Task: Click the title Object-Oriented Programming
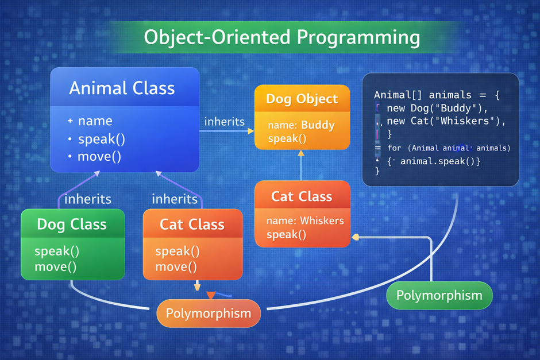coord(281,37)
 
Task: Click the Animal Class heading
coord(122,88)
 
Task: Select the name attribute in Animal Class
coord(95,121)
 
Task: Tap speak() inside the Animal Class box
coord(101,139)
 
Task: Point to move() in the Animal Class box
coord(99,156)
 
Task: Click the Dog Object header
coord(302,99)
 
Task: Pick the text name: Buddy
coord(301,125)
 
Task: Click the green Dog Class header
coord(72,224)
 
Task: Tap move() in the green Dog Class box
coord(56,266)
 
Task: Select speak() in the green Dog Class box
coord(57,251)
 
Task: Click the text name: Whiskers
coord(305,220)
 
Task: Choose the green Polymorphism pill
coord(440,296)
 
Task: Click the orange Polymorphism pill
coord(209,313)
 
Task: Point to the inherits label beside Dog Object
coord(224,122)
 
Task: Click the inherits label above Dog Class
coord(88,199)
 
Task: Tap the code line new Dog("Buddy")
coord(437,108)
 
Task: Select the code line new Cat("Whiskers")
coord(446,121)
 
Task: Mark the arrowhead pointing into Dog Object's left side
coord(250,131)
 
